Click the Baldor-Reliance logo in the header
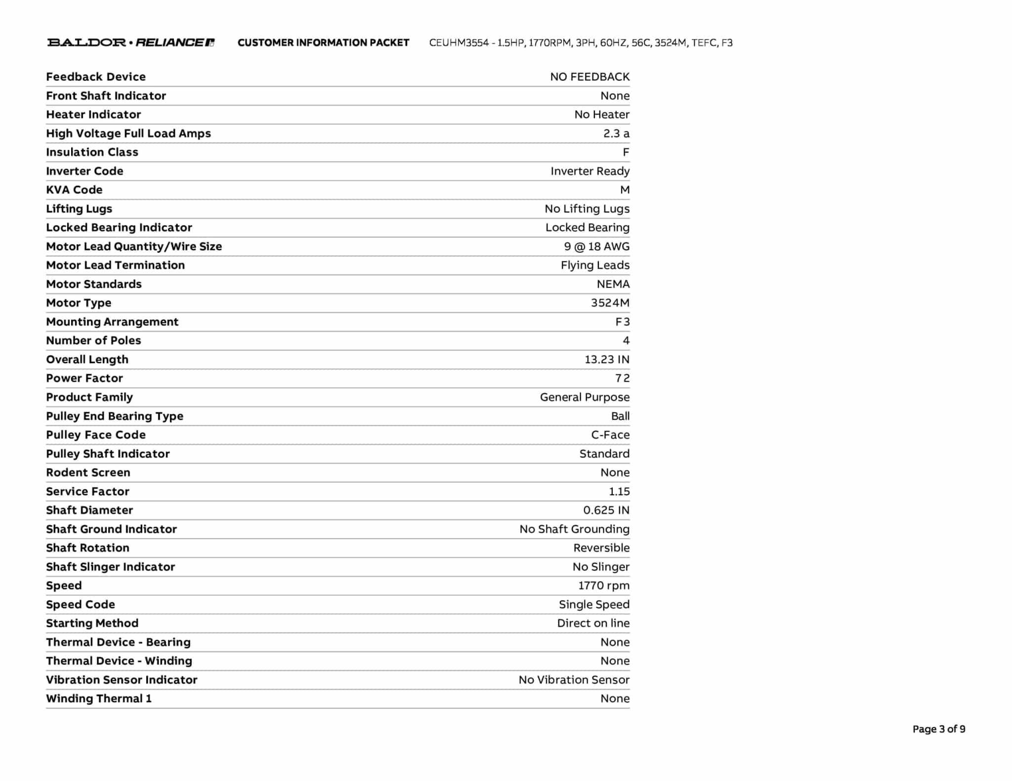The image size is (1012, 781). (130, 42)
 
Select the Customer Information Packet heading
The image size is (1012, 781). (323, 43)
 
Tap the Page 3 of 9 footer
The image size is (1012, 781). (938, 729)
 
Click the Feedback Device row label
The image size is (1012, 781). (96, 77)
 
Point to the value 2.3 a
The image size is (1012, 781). (616, 133)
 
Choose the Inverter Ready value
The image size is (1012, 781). (590, 171)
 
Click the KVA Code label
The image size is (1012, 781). (74, 190)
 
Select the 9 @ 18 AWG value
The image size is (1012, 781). (596, 246)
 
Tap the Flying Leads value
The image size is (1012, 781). (595, 265)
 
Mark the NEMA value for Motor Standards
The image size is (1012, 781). (613, 284)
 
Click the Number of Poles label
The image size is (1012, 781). (93, 340)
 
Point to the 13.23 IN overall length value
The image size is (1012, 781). (607, 359)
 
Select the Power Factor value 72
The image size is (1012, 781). (622, 378)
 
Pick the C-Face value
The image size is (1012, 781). (610, 435)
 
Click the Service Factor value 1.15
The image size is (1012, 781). (619, 491)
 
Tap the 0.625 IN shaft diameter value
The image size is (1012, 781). (606, 510)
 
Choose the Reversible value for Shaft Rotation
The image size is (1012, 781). (601, 547)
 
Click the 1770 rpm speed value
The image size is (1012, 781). (604, 586)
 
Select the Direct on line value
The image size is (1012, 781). (593, 623)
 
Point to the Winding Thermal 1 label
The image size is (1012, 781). (99, 699)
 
